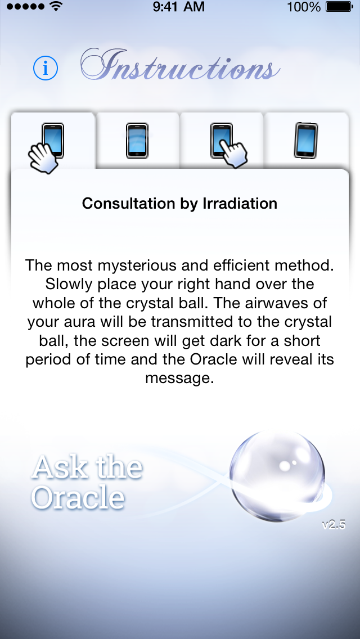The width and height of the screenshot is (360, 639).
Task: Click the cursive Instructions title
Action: (x=180, y=65)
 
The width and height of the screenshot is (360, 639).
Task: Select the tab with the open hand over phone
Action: (x=53, y=141)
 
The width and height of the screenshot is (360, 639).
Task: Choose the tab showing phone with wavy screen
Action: (x=137, y=141)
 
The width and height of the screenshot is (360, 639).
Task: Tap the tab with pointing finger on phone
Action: (x=222, y=141)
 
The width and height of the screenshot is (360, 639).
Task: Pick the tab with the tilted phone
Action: (x=306, y=141)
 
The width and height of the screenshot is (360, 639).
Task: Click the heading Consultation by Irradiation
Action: (x=180, y=203)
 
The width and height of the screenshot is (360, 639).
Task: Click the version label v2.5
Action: (x=334, y=525)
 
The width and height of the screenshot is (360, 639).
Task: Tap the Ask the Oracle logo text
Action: (x=87, y=483)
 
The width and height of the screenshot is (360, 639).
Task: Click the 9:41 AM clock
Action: (x=179, y=7)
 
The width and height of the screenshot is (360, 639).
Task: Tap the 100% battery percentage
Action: (x=304, y=7)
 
